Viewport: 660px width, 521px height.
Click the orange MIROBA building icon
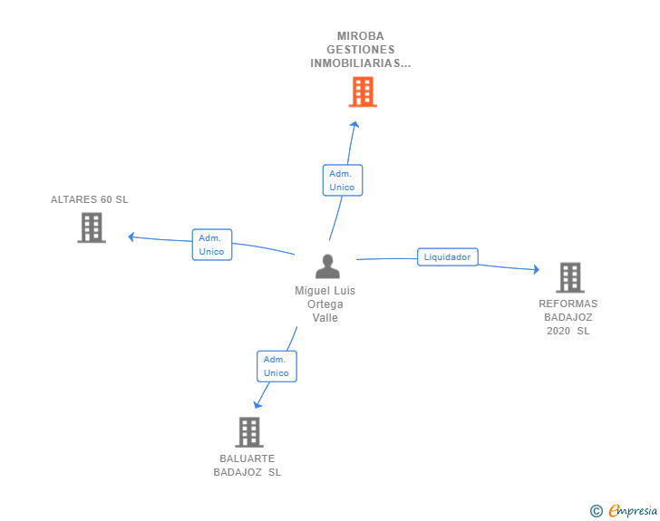pyautogui.click(x=363, y=92)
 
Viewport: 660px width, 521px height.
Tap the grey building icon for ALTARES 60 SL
pyautogui.click(x=92, y=227)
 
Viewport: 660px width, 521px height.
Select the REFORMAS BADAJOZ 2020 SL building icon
pyautogui.click(x=569, y=277)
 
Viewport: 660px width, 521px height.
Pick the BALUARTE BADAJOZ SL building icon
pyautogui.click(x=249, y=432)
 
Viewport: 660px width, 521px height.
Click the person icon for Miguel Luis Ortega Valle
pyautogui.click(x=327, y=266)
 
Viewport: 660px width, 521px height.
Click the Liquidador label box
pyautogui.click(x=447, y=257)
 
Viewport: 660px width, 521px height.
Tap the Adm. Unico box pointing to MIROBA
pyautogui.click(x=342, y=179)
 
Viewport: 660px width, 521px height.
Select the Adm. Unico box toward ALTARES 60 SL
pyautogui.click(x=211, y=245)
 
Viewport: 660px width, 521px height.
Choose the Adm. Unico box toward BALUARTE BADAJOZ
pyautogui.click(x=276, y=366)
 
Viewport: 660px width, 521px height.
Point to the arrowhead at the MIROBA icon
pyautogui.click(x=354, y=125)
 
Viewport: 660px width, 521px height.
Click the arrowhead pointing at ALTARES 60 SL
pyautogui.click(x=132, y=237)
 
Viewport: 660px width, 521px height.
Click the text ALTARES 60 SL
pyautogui.click(x=90, y=199)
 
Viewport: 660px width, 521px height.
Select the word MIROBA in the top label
pyautogui.click(x=360, y=36)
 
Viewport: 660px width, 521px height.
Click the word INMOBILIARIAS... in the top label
pyautogui.click(x=360, y=63)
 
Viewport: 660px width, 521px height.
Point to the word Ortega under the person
pyautogui.click(x=325, y=304)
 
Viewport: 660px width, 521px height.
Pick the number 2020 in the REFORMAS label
pyautogui.click(x=558, y=331)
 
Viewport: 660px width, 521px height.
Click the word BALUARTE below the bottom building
pyautogui.click(x=247, y=458)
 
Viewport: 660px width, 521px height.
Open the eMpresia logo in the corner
pyautogui.click(x=632, y=510)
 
